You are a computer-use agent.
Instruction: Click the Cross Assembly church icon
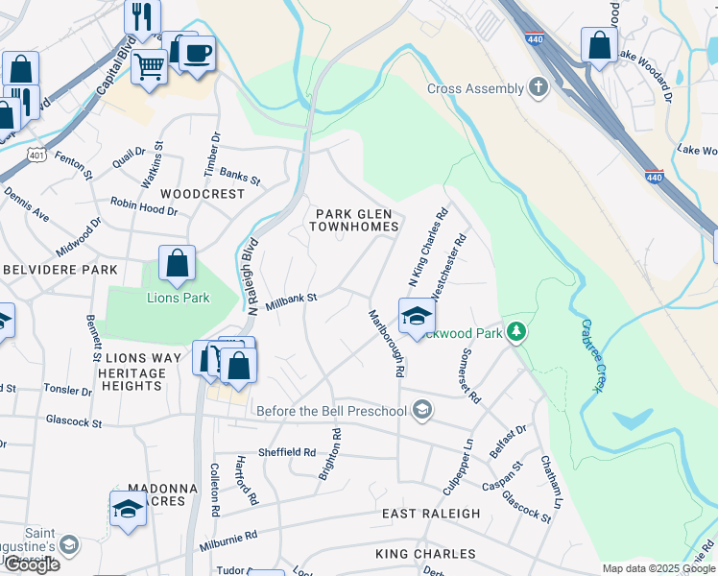[539, 89]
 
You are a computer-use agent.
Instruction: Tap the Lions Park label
[178, 298]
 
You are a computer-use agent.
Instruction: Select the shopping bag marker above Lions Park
[178, 265]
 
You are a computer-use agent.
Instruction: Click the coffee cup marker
[198, 55]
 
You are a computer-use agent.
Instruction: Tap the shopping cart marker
[150, 68]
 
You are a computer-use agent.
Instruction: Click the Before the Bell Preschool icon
[421, 412]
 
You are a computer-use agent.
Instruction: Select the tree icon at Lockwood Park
[517, 332]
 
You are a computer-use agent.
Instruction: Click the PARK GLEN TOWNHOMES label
[354, 220]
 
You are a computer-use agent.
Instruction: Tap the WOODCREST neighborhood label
[203, 193]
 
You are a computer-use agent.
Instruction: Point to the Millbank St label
[291, 300]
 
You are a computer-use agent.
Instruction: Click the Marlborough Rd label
[387, 342]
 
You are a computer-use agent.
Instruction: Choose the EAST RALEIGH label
[431, 514]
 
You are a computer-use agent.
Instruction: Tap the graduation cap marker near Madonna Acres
[128, 509]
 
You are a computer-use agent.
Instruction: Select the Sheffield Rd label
[286, 451]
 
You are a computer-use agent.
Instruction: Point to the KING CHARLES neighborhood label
[425, 554]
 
